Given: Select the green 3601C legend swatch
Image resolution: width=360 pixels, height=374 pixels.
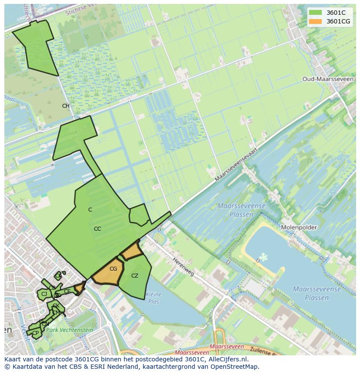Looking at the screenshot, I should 316,13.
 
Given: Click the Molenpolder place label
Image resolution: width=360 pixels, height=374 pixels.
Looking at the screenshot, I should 299,227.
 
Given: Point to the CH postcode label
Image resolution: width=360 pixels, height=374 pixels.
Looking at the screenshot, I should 66,106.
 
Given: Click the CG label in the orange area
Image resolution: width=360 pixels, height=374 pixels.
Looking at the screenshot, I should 113,269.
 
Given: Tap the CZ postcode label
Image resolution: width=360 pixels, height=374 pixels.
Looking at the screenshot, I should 135,276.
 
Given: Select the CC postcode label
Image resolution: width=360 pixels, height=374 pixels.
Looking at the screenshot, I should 97,229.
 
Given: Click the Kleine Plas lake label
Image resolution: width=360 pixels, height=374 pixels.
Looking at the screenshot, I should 154,298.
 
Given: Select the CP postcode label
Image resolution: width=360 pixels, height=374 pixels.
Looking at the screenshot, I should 36,333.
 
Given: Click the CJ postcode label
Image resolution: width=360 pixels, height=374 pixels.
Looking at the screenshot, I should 44,294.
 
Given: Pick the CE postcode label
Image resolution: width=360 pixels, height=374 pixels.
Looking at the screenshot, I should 67,291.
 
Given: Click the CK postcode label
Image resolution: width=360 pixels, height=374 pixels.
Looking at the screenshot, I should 56,306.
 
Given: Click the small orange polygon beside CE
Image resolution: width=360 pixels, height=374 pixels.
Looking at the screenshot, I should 80,288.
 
